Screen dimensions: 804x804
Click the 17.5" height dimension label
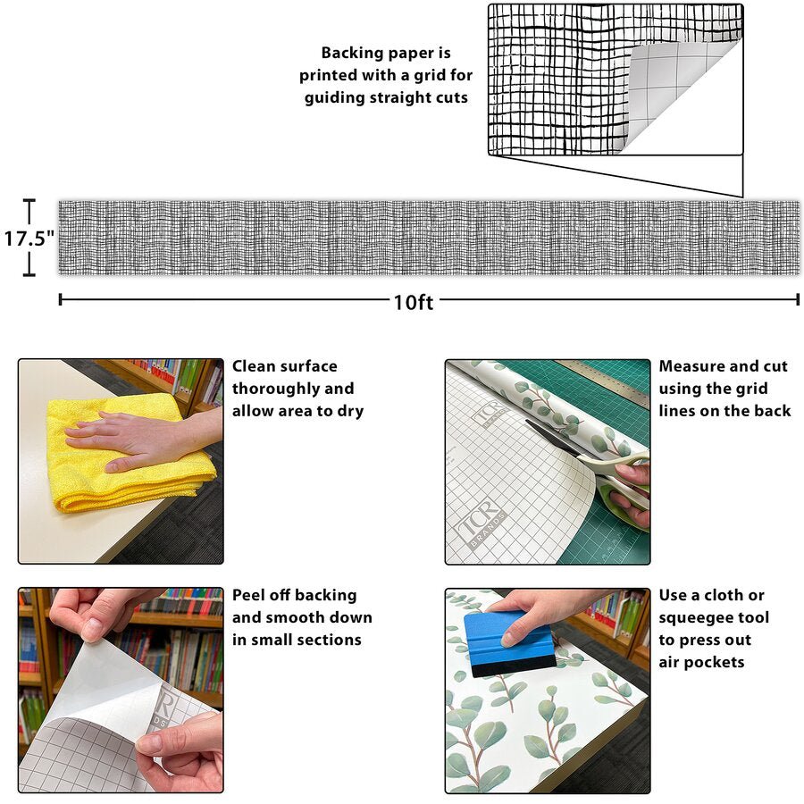(x=29, y=239)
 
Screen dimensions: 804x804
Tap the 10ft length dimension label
(x=413, y=303)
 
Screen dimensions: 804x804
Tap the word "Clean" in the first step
(x=254, y=366)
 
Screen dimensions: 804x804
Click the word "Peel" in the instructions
(x=250, y=595)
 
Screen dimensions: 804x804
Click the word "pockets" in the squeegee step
(x=715, y=663)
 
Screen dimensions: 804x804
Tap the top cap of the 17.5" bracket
(x=29, y=200)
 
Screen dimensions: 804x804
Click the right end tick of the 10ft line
(x=798, y=299)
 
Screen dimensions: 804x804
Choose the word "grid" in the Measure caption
(x=750, y=389)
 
